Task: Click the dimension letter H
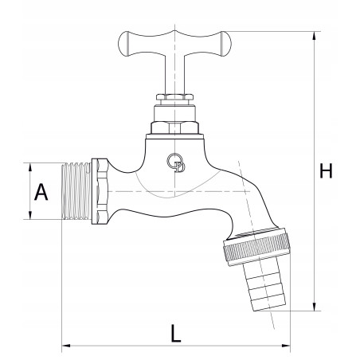326,170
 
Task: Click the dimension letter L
175,333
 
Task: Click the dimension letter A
41,192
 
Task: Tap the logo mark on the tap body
176,162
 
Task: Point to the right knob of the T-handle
226,44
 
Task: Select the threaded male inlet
76,191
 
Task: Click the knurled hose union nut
257,247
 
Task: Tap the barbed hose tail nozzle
264,284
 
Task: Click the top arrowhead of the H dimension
315,36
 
